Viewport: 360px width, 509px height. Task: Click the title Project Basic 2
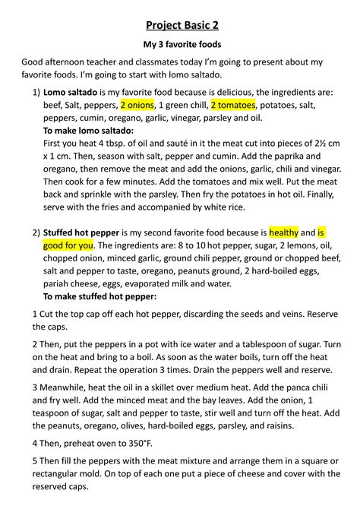[x=180, y=26]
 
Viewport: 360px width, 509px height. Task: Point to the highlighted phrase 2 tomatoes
[x=233, y=105]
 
